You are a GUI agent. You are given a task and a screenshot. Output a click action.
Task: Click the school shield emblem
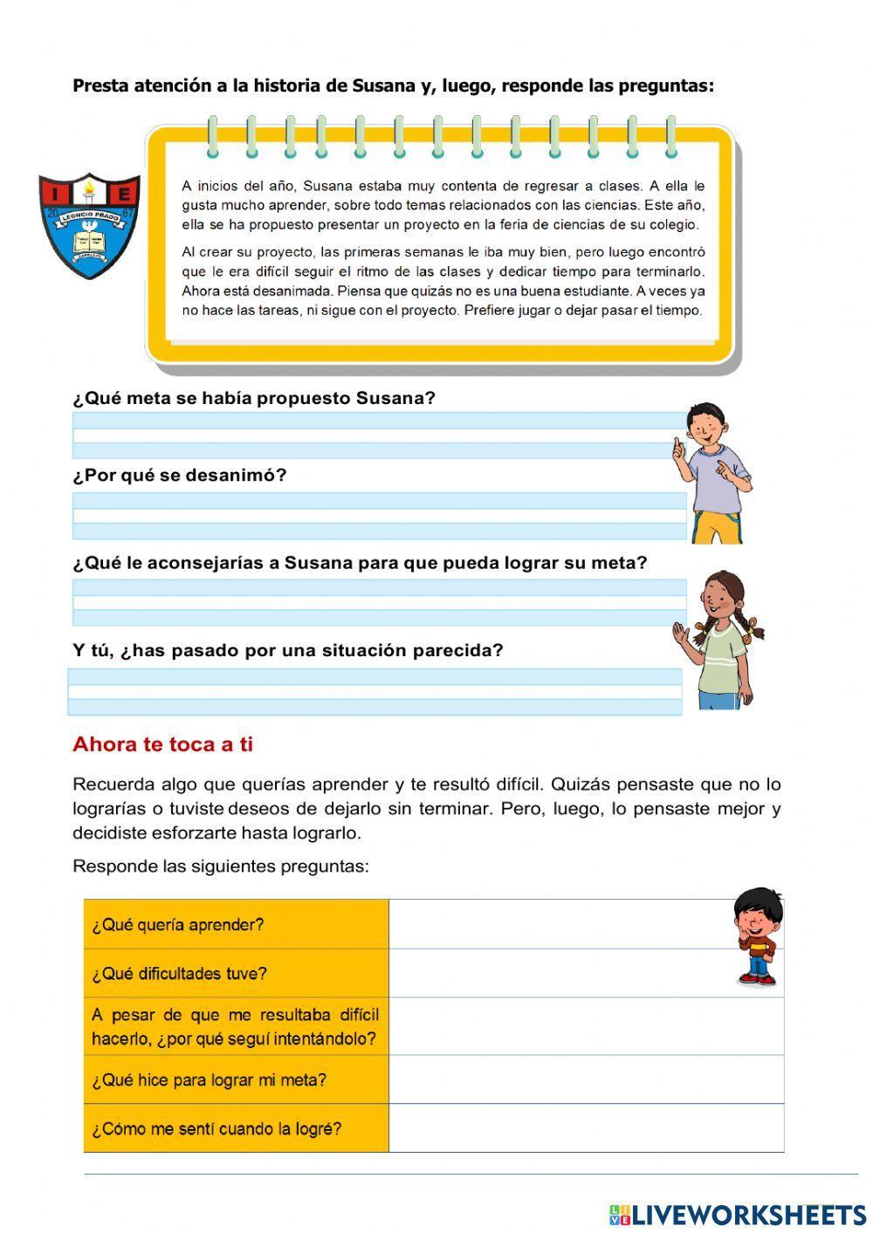point(89,225)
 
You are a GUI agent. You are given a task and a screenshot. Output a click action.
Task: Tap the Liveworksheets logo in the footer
point(737,1214)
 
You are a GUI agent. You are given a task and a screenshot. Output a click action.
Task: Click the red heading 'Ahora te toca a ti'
point(162,744)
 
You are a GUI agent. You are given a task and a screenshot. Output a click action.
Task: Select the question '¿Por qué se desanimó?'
point(179,476)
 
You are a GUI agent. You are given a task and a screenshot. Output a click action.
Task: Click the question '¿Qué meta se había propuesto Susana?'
point(253,398)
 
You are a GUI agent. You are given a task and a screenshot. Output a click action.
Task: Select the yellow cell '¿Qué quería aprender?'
point(236,924)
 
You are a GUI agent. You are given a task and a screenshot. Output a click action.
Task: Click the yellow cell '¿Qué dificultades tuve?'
point(236,973)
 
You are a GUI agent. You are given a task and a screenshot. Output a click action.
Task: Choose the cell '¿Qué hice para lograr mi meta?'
point(236,1079)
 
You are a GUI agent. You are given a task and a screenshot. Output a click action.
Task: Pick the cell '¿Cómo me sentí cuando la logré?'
point(236,1128)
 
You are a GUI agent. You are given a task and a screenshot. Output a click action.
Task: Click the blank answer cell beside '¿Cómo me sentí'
point(586,1128)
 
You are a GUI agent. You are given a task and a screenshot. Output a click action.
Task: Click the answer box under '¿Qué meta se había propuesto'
point(378,435)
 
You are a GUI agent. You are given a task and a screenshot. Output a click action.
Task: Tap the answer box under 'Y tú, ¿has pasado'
point(375,692)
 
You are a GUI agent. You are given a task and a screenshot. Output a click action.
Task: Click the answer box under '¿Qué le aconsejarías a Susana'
point(378,602)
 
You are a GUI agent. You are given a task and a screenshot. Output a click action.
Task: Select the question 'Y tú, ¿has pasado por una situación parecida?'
point(287,650)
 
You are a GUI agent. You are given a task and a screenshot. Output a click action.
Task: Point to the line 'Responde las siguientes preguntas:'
point(220,867)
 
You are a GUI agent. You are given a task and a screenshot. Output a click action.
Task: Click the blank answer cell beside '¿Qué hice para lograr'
point(586,1079)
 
